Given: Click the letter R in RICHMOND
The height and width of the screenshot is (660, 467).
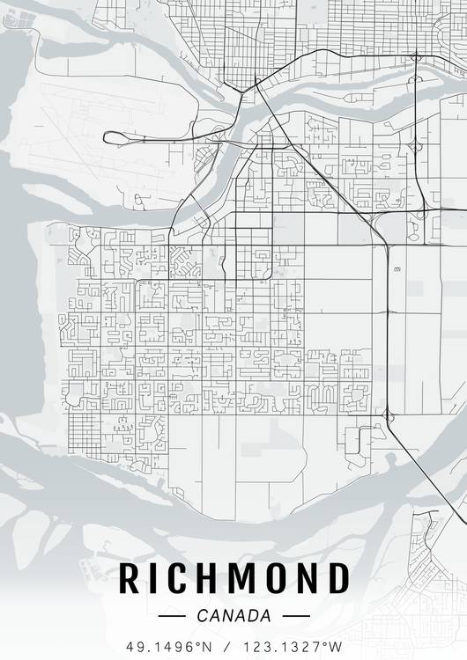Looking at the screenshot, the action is click(x=130, y=580).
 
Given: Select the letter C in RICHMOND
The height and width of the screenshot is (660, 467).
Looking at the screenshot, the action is click(x=180, y=580).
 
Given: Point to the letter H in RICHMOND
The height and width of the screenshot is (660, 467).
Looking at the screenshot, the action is click(x=210, y=580).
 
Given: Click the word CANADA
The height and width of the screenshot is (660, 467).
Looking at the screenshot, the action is click(x=233, y=616).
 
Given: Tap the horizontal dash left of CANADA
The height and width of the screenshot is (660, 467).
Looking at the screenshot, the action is click(x=174, y=616).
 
